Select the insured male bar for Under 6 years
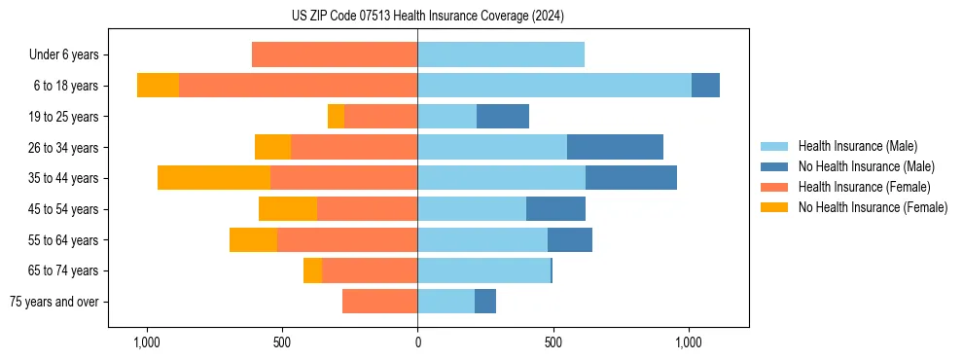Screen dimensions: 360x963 point(501,54)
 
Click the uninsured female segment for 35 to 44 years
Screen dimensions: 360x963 point(214,178)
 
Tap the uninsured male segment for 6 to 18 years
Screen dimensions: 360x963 point(705,86)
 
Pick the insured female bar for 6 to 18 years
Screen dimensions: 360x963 point(298,86)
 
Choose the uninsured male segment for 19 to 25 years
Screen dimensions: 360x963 point(503,117)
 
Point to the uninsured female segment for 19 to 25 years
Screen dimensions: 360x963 point(336,117)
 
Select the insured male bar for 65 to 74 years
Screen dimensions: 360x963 point(483,270)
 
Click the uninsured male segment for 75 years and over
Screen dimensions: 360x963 point(485,302)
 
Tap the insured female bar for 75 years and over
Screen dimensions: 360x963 point(379,302)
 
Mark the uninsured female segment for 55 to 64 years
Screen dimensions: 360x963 point(253,239)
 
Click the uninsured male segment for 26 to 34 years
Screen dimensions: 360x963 point(615,147)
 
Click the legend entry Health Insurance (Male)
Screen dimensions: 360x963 point(857,146)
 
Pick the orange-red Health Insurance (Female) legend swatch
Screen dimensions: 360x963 point(774,187)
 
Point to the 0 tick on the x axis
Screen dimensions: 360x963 point(417,342)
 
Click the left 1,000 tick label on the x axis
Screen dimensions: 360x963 point(146,342)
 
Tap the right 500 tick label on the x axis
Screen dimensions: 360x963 point(553,342)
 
